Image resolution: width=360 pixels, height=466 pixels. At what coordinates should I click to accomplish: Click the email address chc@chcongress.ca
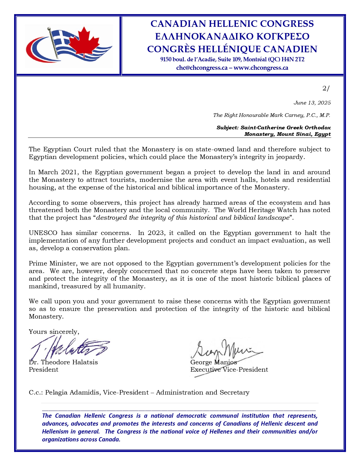[x=202, y=68]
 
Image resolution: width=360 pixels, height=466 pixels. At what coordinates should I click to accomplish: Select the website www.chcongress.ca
[x=261, y=68]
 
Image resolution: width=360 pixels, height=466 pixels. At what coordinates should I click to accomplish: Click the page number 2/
[x=326, y=88]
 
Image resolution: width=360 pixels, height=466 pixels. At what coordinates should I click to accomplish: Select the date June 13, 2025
[x=312, y=103]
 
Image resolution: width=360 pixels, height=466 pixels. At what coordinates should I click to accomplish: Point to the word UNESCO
[x=43, y=233]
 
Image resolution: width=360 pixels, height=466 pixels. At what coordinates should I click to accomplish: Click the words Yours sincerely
[x=54, y=332]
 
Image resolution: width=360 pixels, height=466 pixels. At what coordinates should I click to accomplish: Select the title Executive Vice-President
[x=229, y=370]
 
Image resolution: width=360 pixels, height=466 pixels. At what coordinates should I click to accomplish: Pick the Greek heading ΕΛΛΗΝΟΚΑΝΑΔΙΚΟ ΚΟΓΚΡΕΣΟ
[x=232, y=36]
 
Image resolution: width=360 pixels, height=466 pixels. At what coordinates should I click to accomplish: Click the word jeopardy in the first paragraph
[x=291, y=157]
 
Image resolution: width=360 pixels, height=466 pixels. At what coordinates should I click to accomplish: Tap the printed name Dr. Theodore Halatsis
[x=63, y=362]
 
